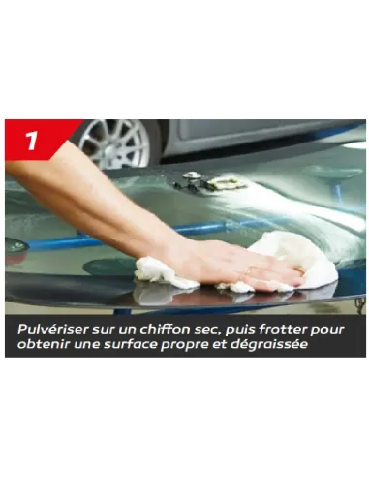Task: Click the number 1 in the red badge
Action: point(30,140)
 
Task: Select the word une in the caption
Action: point(89,346)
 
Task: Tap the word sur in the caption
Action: point(104,329)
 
